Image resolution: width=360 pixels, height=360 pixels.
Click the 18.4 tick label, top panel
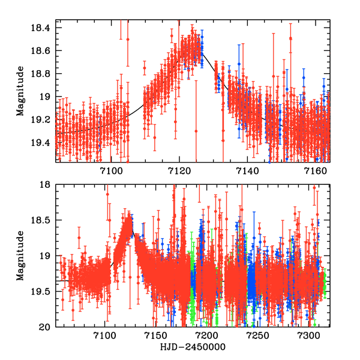pos(43,28)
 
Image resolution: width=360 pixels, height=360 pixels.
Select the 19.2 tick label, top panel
pos(43,119)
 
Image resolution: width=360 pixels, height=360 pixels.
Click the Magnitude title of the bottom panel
pos(20,256)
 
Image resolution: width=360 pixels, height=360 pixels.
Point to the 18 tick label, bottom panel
pos(46,185)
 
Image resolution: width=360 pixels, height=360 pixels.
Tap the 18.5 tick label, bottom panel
pos(43,221)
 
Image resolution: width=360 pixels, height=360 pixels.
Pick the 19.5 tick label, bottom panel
pos(43,292)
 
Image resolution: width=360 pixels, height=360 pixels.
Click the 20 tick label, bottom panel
pos(46,327)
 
